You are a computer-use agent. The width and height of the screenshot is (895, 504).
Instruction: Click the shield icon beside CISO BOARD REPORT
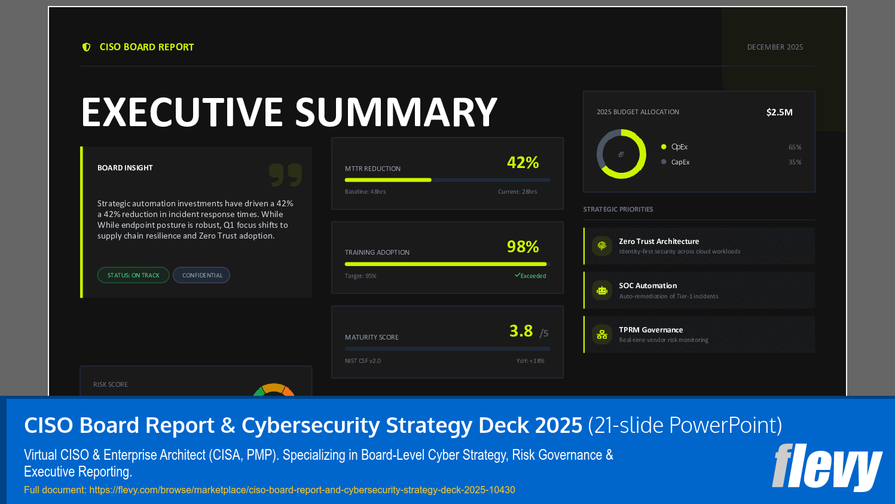[87, 47]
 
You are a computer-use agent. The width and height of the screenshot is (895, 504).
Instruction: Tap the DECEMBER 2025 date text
[775, 47]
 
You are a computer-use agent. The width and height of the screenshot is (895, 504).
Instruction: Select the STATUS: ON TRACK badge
[133, 275]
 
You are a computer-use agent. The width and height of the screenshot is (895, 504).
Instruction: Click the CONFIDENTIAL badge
[202, 275]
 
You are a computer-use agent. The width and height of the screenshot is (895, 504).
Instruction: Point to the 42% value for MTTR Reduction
[523, 163]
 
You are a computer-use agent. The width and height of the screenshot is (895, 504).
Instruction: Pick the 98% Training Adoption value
[523, 247]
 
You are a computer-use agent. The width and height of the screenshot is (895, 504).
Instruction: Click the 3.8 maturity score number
[521, 331]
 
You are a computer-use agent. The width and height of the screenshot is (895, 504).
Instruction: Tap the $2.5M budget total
[779, 112]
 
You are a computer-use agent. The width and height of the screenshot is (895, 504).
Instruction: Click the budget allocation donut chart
[621, 154]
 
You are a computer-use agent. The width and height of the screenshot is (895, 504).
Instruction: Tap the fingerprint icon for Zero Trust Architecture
[602, 246]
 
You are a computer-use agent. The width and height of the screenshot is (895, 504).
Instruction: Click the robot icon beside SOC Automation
[602, 291]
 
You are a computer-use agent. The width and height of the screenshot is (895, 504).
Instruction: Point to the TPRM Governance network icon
[602, 335]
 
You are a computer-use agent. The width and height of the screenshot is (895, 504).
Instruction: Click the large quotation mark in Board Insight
[285, 175]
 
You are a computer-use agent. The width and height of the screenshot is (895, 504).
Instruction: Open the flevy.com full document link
[302, 490]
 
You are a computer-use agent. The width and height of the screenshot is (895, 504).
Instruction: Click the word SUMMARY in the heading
[396, 112]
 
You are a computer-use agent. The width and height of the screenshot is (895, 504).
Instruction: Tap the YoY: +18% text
[530, 361]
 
